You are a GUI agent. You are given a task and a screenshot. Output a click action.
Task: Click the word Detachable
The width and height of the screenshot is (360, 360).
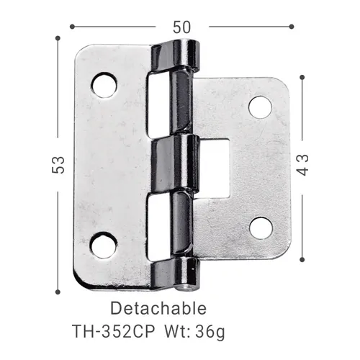(158, 309)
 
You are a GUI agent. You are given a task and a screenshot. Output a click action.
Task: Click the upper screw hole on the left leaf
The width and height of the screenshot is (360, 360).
(104, 85)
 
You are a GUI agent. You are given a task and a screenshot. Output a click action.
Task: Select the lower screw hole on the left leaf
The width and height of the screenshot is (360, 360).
(104, 246)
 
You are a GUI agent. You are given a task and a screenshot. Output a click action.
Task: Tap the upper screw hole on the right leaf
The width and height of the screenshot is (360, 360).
(260, 107)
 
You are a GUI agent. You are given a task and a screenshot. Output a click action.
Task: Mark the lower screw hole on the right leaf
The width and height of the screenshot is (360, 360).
(261, 227)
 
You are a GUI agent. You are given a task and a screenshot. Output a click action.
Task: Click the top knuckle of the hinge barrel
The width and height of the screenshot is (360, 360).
(176, 56)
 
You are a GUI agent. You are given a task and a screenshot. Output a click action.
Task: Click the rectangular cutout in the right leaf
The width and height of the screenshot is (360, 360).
(213, 166)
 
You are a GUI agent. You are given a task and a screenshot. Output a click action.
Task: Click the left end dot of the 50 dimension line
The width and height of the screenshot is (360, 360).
(72, 27)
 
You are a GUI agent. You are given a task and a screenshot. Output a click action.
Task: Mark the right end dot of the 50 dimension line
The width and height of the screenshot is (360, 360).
(291, 27)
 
